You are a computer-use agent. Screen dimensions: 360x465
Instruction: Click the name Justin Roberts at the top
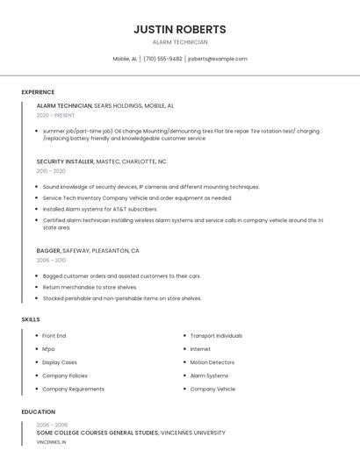click(x=180, y=29)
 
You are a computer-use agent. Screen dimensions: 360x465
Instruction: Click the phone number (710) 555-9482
click(x=162, y=59)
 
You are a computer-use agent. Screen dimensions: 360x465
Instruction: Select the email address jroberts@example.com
click(x=218, y=59)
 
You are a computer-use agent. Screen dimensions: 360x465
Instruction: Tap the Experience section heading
click(x=38, y=92)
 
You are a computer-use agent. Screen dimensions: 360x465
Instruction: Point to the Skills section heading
click(x=31, y=319)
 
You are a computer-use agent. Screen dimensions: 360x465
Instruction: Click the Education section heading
click(x=39, y=411)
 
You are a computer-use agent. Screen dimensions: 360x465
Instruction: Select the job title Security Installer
click(x=63, y=161)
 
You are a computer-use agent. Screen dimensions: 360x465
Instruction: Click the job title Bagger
click(x=47, y=251)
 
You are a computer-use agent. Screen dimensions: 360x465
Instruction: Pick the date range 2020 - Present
click(x=55, y=115)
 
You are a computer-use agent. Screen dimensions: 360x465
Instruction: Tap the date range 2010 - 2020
click(x=51, y=171)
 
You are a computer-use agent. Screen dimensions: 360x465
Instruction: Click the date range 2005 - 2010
click(x=51, y=261)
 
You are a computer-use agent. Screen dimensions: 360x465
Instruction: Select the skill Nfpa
click(x=48, y=349)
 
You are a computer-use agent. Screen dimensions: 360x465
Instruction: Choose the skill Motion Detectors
click(x=212, y=362)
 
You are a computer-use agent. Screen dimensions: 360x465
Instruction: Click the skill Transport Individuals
click(x=216, y=336)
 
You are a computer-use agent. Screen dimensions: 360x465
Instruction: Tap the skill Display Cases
click(x=60, y=362)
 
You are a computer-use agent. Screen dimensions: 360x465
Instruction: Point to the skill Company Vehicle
click(x=212, y=389)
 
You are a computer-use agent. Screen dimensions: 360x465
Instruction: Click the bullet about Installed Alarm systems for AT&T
click(x=100, y=210)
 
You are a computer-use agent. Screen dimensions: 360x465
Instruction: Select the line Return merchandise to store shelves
click(x=90, y=287)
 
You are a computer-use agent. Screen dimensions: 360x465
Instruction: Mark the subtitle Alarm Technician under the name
click(x=180, y=42)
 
